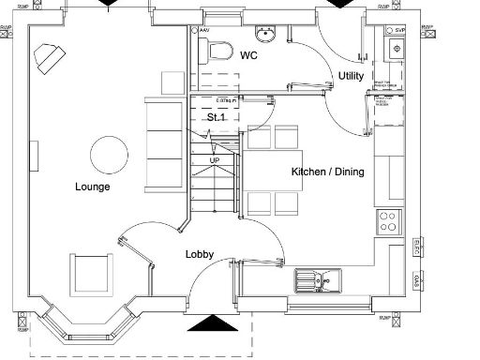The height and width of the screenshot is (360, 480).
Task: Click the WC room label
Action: point(248,56)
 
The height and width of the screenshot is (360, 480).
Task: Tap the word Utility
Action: point(352,76)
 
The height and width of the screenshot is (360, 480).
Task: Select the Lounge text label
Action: point(93,187)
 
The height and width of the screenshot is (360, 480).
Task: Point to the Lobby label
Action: point(199,254)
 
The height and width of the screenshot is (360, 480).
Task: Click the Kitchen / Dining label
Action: point(327,172)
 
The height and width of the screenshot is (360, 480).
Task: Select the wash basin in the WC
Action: point(267,35)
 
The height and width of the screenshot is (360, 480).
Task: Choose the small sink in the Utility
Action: point(397,49)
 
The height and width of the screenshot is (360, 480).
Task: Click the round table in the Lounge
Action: point(109,154)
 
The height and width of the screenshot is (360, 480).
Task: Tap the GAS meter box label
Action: point(416,282)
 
